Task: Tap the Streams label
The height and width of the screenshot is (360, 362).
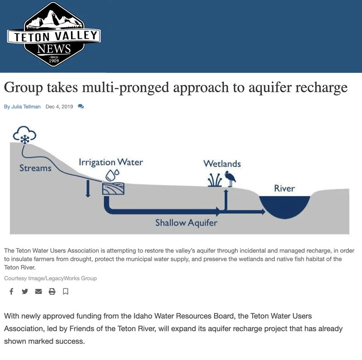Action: click(x=35, y=168)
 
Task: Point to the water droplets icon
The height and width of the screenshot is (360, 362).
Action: click(x=113, y=174)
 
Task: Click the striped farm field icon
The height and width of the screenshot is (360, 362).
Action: click(x=113, y=188)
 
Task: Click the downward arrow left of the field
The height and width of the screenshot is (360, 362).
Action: click(x=88, y=188)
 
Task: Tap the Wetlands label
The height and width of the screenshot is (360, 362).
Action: click(x=222, y=164)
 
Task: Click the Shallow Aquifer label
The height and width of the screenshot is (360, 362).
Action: click(x=186, y=223)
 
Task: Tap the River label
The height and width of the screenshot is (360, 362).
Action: click(x=284, y=189)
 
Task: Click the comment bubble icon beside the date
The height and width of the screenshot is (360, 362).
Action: click(x=81, y=107)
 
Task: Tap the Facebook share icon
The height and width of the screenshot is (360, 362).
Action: click(x=11, y=291)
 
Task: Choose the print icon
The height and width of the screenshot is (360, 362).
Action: click(x=52, y=291)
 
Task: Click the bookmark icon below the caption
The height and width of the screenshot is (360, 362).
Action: click(x=66, y=291)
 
